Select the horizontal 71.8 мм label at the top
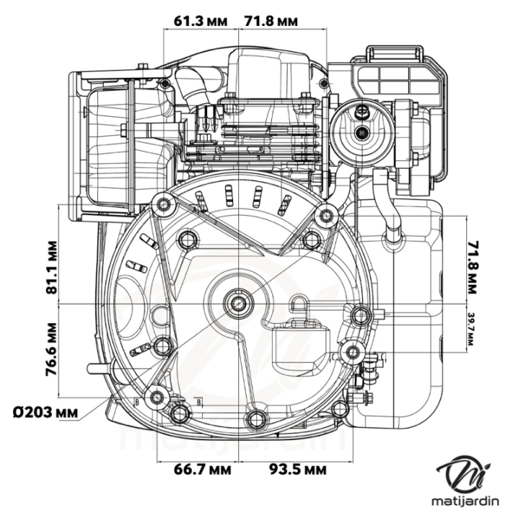click(271, 22)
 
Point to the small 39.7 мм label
click(471, 329)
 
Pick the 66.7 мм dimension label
click(202, 470)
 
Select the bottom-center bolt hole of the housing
click(255, 419)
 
